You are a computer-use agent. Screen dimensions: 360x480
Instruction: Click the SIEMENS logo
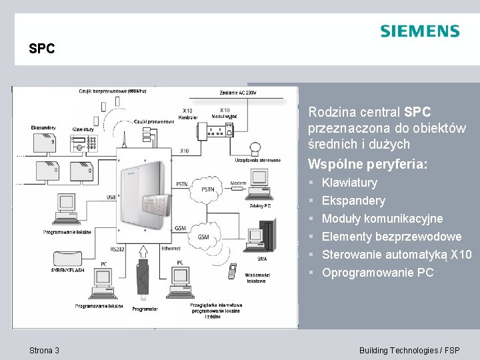pyautogui.click(x=419, y=31)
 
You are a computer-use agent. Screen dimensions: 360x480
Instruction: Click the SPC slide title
pyautogui.click(x=41, y=49)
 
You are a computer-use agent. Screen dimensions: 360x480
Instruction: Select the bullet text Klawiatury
pyautogui.click(x=349, y=183)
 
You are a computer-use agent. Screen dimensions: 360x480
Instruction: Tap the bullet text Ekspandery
pyautogui.click(x=353, y=201)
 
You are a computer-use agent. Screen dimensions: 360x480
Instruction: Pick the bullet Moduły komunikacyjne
pyautogui.click(x=382, y=219)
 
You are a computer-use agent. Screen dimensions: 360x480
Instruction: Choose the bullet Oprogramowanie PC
pyautogui.click(x=377, y=273)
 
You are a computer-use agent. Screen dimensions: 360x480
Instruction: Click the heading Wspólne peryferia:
pyautogui.click(x=367, y=163)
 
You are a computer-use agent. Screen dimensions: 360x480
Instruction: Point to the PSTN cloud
pyautogui.click(x=208, y=190)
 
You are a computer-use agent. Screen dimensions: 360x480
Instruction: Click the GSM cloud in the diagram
pyautogui.click(x=204, y=237)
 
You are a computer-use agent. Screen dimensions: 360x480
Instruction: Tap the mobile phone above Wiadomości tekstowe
pyautogui.click(x=232, y=270)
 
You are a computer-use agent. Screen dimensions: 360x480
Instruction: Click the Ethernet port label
pyautogui.click(x=171, y=247)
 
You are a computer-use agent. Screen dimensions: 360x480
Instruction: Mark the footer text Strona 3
pyautogui.click(x=45, y=351)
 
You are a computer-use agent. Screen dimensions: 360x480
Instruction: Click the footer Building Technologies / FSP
pyautogui.click(x=409, y=351)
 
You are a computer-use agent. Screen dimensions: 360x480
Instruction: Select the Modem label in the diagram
pyautogui.click(x=238, y=183)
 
